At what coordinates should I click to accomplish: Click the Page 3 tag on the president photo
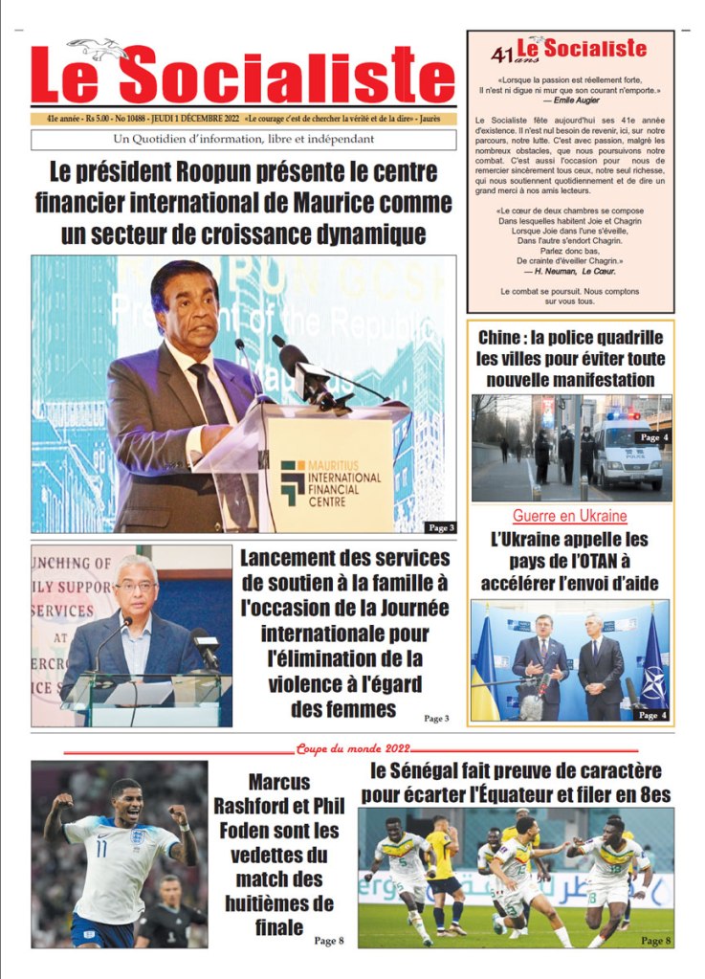(441, 526)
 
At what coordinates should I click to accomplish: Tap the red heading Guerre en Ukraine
(570, 516)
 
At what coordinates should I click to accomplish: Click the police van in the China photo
(628, 450)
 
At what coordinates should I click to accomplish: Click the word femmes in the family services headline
(343, 709)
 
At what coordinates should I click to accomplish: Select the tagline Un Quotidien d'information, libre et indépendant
(243, 140)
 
